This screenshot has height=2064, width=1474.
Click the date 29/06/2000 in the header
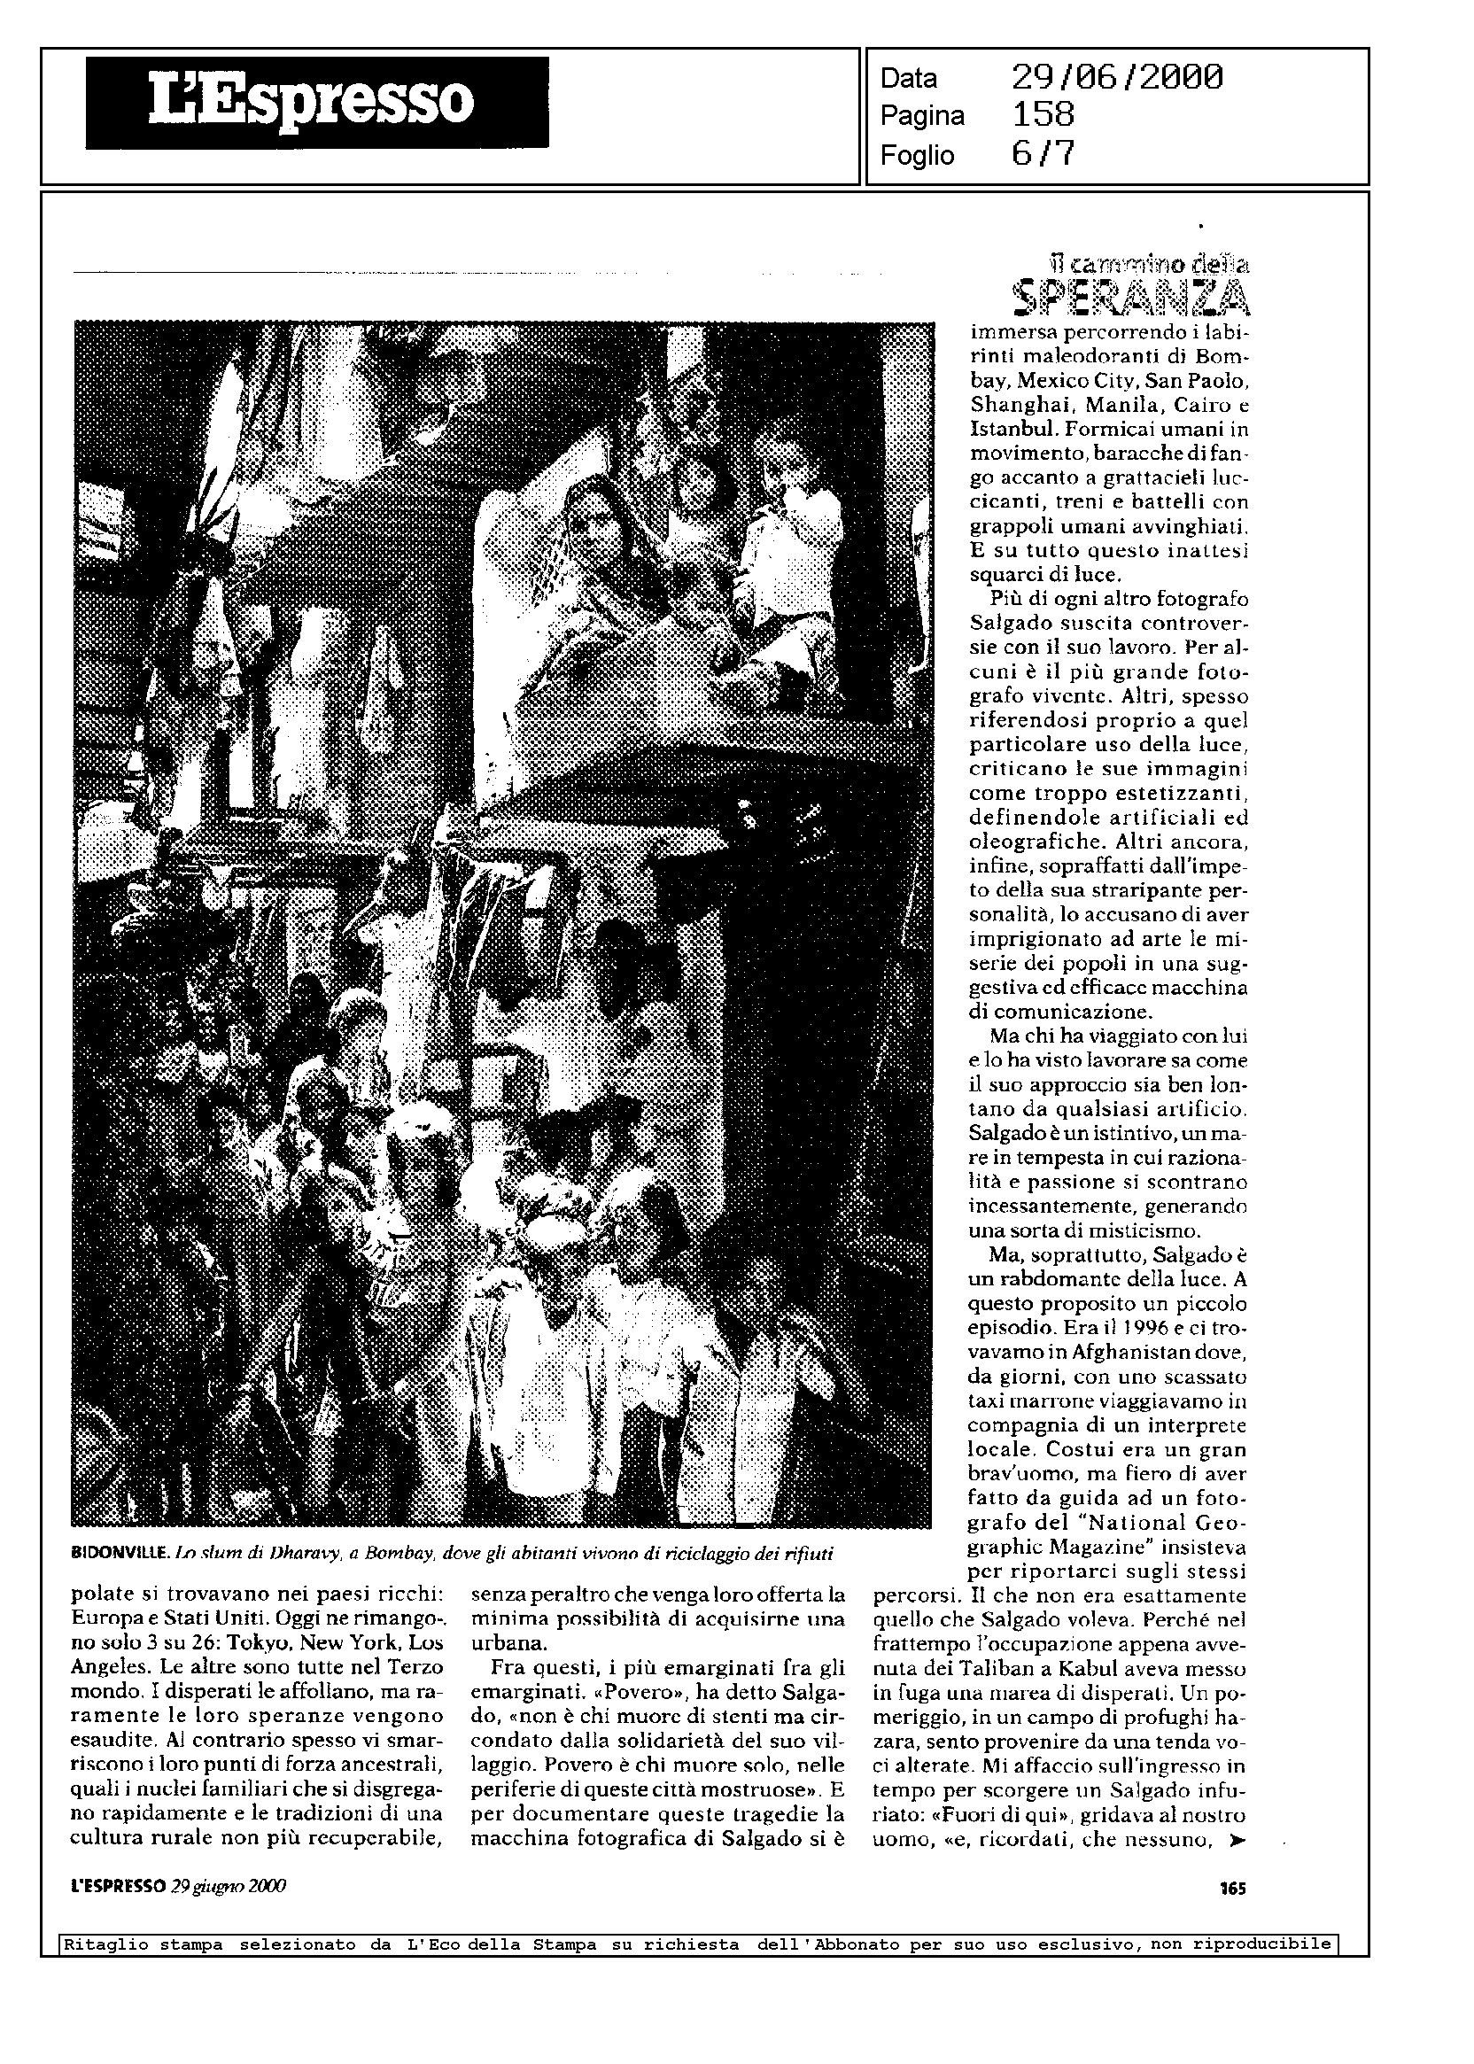coord(1116,78)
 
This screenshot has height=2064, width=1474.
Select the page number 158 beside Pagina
coord(1043,115)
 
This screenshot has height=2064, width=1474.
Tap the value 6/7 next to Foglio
coord(1043,154)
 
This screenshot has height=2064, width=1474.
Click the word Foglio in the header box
coord(917,156)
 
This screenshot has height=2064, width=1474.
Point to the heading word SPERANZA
coord(1130,298)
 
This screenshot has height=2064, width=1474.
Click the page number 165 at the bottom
coord(1232,1886)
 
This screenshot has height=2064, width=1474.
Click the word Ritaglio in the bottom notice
coord(97,1944)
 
